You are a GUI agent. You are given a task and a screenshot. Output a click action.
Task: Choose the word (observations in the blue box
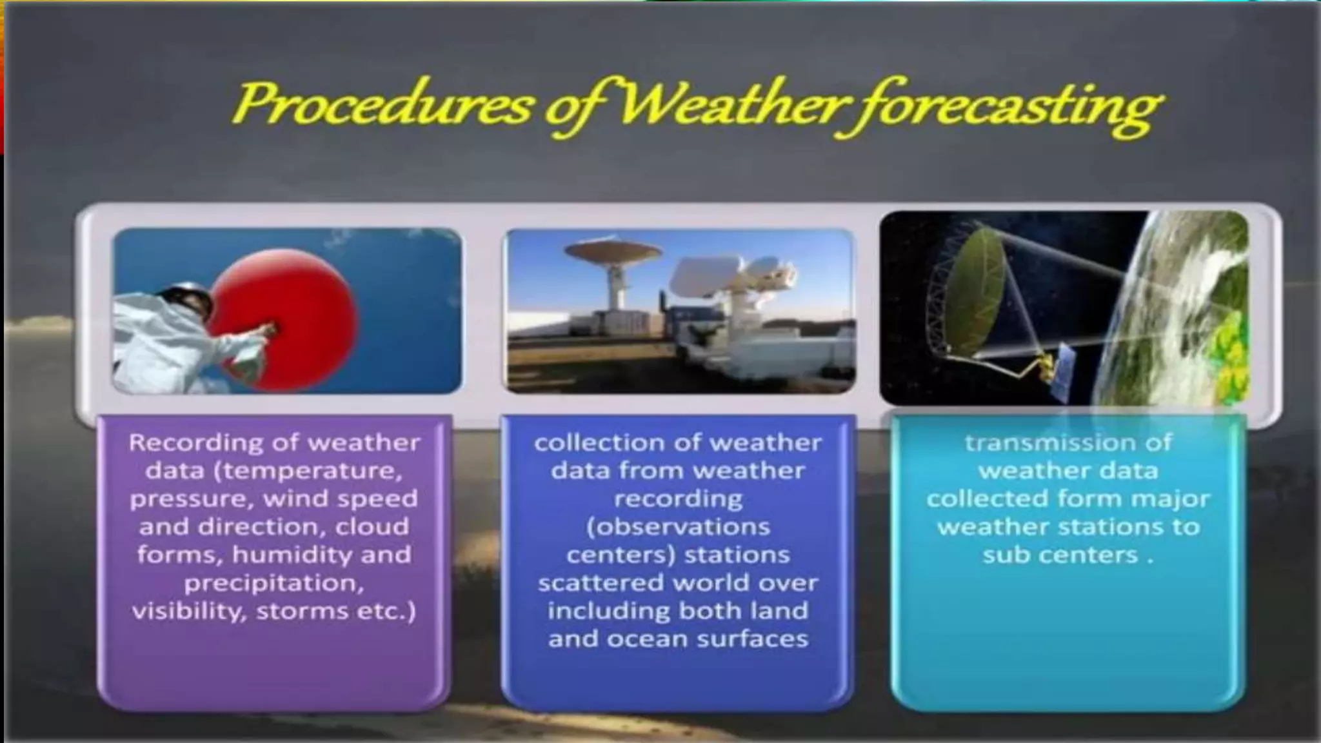[678, 527]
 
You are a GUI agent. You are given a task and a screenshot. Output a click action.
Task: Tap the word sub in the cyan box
[1004, 555]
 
